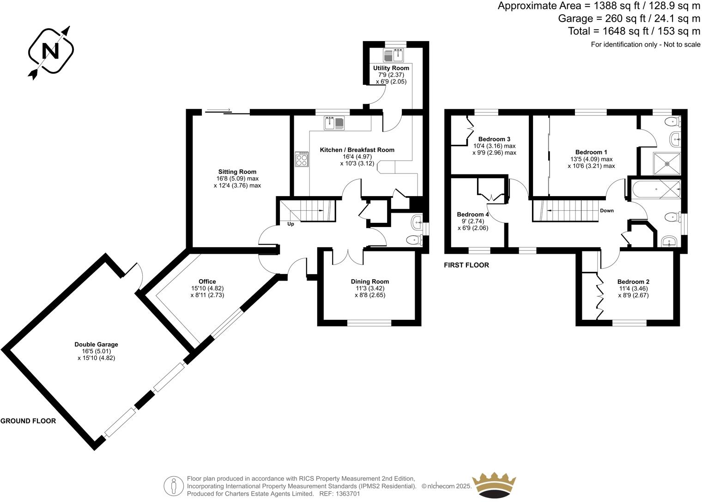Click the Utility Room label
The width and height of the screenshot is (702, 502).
point(391,68)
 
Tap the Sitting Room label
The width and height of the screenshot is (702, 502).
point(237,172)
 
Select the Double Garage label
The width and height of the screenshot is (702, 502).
point(96,345)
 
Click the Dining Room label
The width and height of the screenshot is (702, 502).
point(370,281)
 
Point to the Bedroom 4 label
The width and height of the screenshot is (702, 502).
point(472,215)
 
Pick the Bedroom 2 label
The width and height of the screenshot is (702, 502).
point(633,282)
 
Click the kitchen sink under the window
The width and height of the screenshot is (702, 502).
point(334,123)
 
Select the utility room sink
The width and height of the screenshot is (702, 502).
point(393,56)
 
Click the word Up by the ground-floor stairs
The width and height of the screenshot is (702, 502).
point(290,224)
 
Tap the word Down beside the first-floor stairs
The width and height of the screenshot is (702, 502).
point(606,211)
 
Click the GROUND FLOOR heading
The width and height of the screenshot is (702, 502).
point(28,421)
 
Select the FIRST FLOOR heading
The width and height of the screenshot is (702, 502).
point(466,265)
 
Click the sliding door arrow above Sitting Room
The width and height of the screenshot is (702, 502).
point(218,110)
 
